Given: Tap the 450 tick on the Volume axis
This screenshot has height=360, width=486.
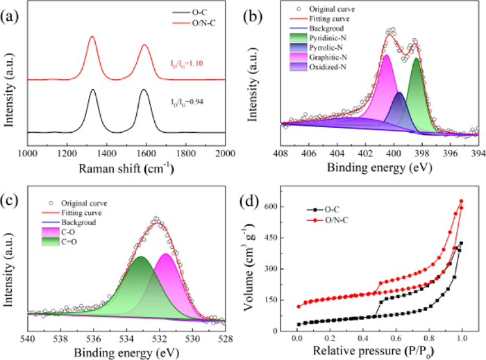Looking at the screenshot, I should pos(282,238).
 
